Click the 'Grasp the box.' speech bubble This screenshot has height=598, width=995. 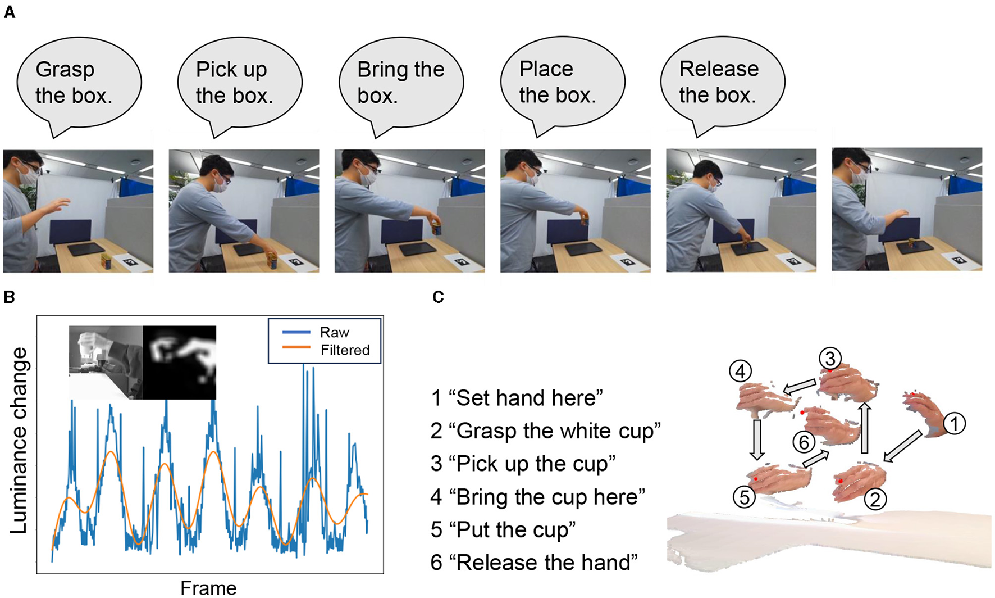[79, 83]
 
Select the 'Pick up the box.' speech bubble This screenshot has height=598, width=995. [240, 83]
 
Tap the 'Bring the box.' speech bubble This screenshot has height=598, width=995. [401, 83]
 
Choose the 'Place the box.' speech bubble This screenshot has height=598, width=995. [562, 83]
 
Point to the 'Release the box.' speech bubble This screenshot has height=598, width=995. [722, 83]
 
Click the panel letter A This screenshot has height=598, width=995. [10, 12]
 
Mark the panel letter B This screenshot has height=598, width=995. [10, 297]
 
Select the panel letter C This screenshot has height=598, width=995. [438, 297]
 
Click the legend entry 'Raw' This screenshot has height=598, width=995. [334, 333]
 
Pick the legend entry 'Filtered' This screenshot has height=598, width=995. [345, 350]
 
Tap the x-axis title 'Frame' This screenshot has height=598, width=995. [208, 588]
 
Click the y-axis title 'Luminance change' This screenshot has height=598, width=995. [19, 441]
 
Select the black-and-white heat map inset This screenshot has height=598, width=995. [179, 363]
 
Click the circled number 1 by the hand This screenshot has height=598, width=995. [954, 423]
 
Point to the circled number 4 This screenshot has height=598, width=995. [741, 372]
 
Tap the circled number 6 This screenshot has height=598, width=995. [804, 442]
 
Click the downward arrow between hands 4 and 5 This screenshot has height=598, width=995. [757, 439]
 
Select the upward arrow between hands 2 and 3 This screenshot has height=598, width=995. [865, 428]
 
